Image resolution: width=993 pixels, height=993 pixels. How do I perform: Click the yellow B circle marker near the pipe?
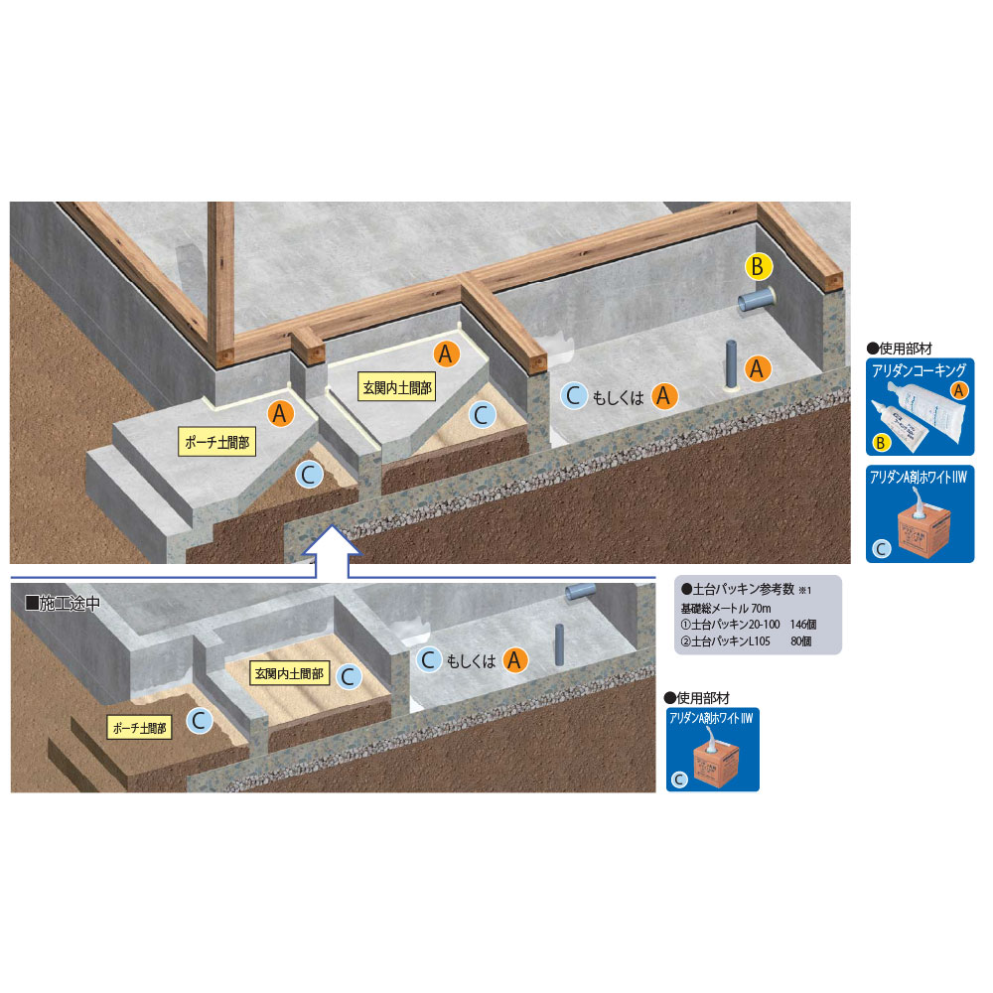coord(758,266)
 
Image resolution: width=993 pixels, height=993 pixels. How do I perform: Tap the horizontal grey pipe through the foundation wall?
coord(756,299)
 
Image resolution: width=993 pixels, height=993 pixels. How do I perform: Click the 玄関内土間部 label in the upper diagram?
coord(397,387)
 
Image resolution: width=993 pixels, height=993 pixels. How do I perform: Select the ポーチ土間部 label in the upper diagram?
coord(216,442)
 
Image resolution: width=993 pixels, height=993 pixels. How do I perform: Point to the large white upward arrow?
coord(332,551)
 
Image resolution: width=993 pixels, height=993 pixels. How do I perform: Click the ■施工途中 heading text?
coord(62,603)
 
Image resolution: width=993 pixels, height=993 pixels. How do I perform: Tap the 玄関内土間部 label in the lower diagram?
coord(289,673)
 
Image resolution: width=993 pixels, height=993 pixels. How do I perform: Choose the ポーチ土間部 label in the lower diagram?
coord(139,728)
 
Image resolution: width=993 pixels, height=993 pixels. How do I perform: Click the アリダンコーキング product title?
coord(919,370)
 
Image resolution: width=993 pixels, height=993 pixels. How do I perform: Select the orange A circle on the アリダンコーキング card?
coord(959,390)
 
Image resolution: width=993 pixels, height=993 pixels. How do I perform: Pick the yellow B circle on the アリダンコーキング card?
coord(880,443)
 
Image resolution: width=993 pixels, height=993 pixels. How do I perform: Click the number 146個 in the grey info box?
coord(803,625)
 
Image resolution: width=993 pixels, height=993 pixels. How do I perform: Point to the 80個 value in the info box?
coord(801,641)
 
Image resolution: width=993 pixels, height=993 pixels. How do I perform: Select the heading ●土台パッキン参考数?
coord(738,589)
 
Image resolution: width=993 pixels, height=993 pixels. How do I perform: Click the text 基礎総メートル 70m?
coord(726,608)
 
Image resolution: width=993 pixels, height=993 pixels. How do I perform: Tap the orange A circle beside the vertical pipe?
coord(757,368)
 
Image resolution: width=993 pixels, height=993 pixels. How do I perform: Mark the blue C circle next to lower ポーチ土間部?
coord(200,720)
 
